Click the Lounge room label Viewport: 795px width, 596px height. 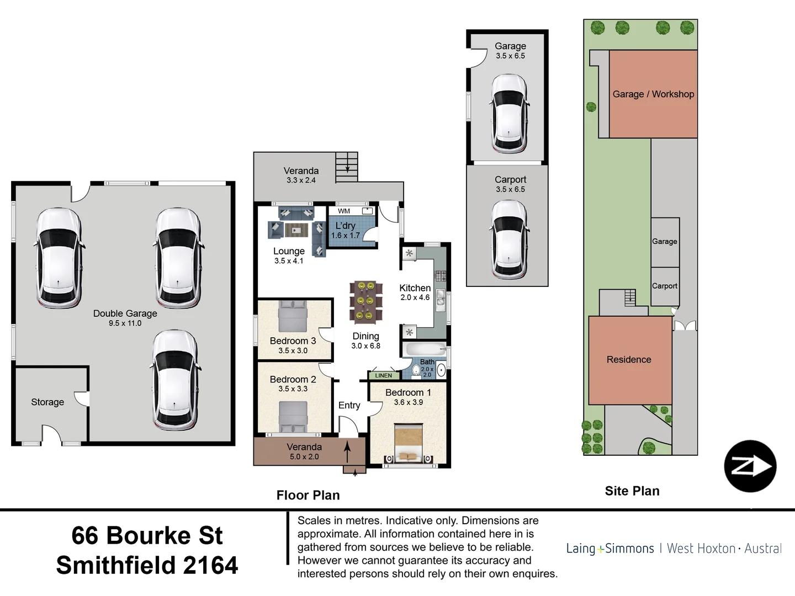pos(289,251)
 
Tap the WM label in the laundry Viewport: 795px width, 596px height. pos(344,211)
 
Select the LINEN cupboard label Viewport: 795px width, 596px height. pos(384,376)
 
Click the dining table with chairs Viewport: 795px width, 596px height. pos(365,301)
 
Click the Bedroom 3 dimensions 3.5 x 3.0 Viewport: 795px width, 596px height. pos(293,350)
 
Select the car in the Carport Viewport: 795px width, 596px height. pos(509,239)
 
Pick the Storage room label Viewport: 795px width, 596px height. pos(47,402)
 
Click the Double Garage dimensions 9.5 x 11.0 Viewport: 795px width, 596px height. pos(125,323)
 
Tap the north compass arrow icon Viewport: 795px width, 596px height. pos(750,466)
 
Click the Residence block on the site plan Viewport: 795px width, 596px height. pos(629,360)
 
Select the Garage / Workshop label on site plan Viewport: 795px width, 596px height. pos(653,94)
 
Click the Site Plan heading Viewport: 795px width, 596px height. pos(632,491)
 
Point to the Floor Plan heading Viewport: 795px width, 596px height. pos(308,496)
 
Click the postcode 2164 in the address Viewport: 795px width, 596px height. pos(210,566)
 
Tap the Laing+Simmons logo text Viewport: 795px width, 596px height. pos(610,549)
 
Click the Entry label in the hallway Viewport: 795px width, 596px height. pos(349,406)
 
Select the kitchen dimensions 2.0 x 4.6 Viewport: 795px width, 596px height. pos(415,297)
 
